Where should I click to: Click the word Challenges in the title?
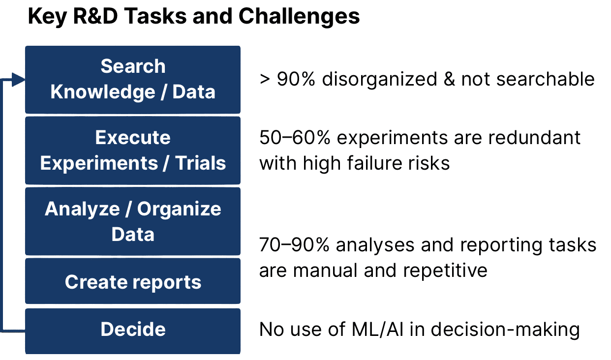[299, 16]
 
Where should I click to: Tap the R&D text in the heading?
[95, 16]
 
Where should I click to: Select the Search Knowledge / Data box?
[133, 80]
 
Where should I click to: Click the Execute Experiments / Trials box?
[133, 150]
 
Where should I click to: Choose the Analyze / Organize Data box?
[133, 221]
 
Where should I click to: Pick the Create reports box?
[133, 281]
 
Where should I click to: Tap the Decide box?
[133, 331]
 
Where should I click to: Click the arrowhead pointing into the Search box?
[19, 80]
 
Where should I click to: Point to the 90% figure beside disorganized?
[296, 79]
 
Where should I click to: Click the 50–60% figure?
[295, 137]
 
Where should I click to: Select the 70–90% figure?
[294, 244]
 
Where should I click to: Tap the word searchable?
[545, 79]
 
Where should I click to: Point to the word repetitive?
[445, 270]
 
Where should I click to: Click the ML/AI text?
[377, 329]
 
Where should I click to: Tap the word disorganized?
[379, 79]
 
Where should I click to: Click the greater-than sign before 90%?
[265, 80]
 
